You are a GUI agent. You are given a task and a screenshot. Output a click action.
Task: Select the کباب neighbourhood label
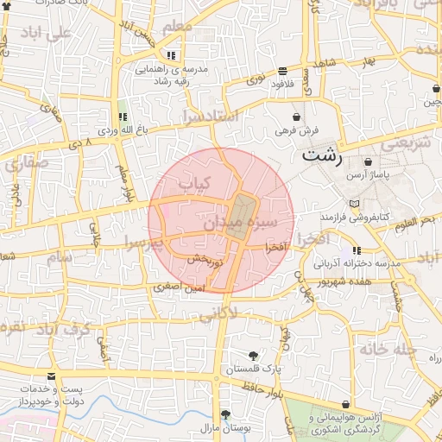[193, 183]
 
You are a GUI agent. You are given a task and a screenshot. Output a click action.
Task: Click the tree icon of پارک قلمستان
[253, 356]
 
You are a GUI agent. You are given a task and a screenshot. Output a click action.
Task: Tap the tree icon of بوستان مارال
[225, 414]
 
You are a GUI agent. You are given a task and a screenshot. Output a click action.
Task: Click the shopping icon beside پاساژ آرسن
[369, 161]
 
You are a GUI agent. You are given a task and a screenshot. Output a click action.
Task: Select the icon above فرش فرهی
[297, 116]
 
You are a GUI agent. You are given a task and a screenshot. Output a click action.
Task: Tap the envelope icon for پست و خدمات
[52, 377]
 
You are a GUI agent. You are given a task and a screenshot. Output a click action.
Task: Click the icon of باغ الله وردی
[121, 116]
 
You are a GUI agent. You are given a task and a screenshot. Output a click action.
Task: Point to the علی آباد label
[47, 36]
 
